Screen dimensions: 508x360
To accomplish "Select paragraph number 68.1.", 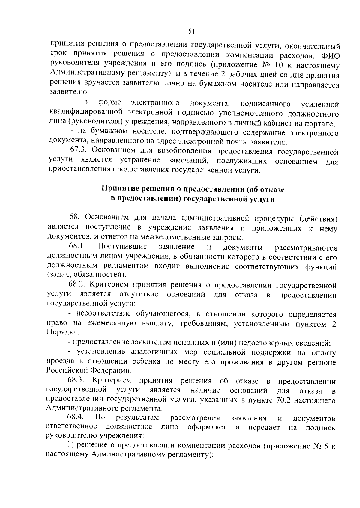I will coord(77,247).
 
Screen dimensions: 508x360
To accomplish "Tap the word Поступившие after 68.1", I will coord(122,247).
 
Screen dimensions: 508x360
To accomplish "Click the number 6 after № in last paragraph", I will coord(327,446).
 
